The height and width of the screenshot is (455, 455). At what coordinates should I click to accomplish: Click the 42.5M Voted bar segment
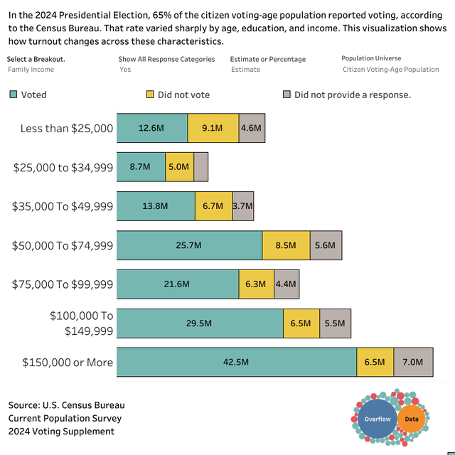(236, 362)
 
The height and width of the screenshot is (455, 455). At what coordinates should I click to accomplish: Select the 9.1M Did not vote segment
(213, 128)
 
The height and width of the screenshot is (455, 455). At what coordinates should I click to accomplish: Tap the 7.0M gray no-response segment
(413, 362)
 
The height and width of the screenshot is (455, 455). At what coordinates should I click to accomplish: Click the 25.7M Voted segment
(189, 245)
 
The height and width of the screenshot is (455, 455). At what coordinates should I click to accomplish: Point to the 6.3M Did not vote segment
(256, 284)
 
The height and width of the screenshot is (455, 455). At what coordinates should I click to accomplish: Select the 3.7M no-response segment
(243, 206)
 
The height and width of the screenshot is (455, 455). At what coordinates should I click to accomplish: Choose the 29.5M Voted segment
(200, 323)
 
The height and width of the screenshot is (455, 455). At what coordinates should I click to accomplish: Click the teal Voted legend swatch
(13, 95)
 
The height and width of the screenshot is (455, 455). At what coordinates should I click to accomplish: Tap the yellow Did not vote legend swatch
(149, 95)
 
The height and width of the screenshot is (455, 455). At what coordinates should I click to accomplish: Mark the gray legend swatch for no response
(287, 95)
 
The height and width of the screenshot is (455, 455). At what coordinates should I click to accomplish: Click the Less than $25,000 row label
(67, 129)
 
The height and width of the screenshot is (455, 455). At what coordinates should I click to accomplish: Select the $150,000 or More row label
(68, 363)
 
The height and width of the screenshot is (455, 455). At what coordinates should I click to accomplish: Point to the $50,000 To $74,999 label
(63, 245)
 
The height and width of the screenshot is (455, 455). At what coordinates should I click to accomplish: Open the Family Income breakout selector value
(31, 70)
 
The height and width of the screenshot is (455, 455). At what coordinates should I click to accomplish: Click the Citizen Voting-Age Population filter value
(391, 70)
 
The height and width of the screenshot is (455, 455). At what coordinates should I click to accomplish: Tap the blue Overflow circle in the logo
(378, 419)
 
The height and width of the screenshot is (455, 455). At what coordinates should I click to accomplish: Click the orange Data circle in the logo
(412, 419)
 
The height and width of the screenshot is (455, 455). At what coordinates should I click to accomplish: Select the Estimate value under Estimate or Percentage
(245, 70)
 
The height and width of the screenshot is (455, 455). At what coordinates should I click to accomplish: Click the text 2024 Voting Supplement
(61, 431)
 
